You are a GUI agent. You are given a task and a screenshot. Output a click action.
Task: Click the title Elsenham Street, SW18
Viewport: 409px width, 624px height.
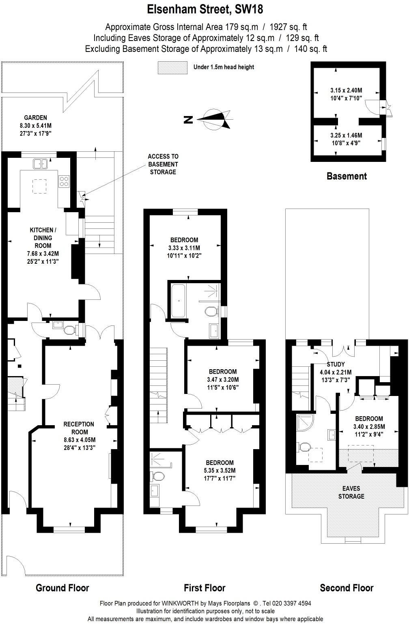(204, 9)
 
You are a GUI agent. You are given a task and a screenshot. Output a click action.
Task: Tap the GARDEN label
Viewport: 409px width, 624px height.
(35, 118)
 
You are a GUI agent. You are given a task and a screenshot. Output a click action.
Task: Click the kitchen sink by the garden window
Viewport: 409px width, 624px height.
(41, 164)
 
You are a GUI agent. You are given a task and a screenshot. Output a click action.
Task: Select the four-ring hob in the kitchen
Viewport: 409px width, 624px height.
(64, 181)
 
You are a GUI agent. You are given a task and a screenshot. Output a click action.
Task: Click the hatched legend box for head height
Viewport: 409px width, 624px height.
(172, 67)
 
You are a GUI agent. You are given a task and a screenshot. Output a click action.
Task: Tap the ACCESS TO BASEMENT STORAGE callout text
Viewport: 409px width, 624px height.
(163, 164)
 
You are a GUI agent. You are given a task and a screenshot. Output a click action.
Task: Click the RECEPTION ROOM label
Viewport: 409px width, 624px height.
(79, 428)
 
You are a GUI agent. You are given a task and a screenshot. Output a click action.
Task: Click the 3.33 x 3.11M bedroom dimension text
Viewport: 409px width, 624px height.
(184, 248)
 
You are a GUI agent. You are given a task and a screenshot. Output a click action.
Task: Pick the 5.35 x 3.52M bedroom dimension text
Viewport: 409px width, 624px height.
(220, 471)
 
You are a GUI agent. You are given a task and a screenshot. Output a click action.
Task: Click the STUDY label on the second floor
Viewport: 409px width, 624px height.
(336, 364)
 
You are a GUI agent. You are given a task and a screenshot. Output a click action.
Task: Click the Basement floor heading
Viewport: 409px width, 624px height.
(347, 176)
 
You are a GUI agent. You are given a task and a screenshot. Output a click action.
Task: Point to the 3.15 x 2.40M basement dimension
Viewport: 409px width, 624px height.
(346, 90)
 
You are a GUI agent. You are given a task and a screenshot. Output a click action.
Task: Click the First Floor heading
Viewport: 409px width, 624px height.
(204, 587)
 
